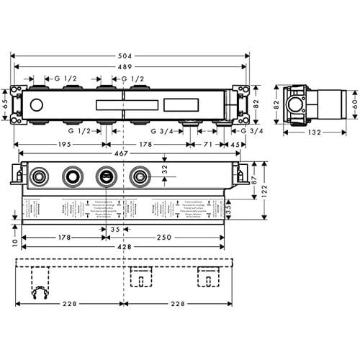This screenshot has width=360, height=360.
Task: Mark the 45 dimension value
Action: coord(234,144)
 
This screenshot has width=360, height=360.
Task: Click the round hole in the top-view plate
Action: coord(37,106)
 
